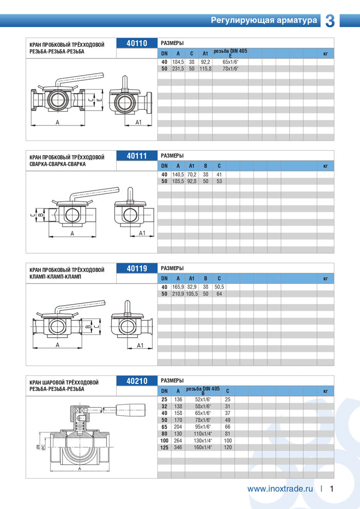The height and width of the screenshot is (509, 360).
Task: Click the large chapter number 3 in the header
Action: (x=330, y=21)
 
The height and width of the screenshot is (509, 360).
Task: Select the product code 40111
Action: (x=137, y=156)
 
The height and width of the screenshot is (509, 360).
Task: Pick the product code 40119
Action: (x=137, y=268)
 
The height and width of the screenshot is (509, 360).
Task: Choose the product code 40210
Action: (x=137, y=381)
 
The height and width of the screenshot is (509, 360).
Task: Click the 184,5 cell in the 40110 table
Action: (x=178, y=62)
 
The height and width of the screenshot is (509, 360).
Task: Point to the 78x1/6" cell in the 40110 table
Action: (x=230, y=68)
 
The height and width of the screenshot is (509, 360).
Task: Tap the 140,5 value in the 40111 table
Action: (x=178, y=174)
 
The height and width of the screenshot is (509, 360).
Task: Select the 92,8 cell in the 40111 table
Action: (x=192, y=181)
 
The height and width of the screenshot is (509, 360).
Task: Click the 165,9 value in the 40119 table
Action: (x=178, y=287)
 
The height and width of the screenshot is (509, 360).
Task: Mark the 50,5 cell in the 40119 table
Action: (x=219, y=287)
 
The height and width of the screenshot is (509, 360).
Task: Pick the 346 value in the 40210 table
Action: (x=178, y=448)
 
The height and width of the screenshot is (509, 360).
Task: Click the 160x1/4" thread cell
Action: (x=203, y=448)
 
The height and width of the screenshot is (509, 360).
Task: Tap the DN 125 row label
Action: (x=164, y=448)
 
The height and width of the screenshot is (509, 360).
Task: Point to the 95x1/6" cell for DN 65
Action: (x=203, y=427)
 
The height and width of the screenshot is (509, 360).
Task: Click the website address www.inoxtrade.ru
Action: (x=280, y=489)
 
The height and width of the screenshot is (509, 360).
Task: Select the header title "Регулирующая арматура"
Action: (x=264, y=21)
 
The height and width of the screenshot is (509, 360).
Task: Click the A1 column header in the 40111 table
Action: (x=192, y=166)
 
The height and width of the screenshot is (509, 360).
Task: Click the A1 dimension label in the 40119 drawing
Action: (x=139, y=345)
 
